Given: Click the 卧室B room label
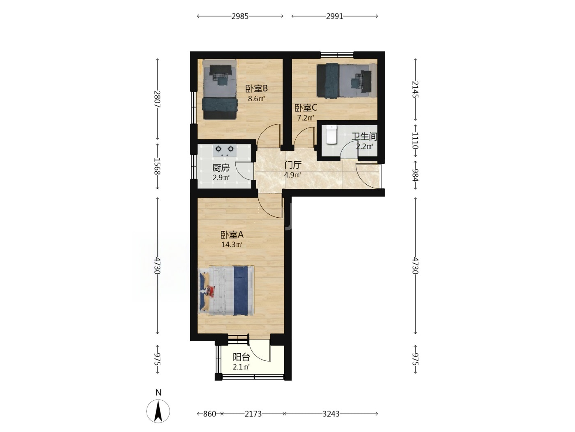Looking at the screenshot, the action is pos(256,88).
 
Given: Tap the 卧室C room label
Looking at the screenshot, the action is pos(306,108).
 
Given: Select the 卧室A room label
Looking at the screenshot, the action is pos(232,234).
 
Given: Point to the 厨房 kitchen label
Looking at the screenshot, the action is pos(221,167).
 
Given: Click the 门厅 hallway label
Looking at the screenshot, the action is pos(293,165).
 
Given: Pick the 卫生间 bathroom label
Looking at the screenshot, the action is pos(364,137).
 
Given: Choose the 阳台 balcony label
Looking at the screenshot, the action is pos(241,357).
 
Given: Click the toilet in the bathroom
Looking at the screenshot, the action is pos(331,135).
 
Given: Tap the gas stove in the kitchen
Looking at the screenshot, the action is pos(225,151).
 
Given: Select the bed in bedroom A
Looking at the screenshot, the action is pos(226,290).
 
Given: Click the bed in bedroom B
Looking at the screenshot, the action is pos(220,89).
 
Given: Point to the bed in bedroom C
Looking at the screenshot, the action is pos(347,81).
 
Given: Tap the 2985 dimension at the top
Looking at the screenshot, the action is pos(240,16).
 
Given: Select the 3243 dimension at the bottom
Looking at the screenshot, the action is pos(331,414).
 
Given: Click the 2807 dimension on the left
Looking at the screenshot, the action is pos(157,99).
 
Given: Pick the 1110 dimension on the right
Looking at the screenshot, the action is pos(415,140).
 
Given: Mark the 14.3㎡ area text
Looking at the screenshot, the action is pos(232,245).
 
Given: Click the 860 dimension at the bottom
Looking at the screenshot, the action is pos(209,414).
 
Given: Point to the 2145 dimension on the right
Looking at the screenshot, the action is pos(415,89).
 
